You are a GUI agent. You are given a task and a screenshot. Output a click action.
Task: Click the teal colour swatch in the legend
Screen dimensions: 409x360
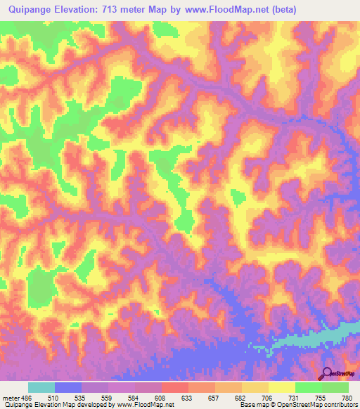click(x=41, y=387)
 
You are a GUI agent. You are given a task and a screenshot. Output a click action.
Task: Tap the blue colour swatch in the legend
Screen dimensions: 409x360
click(x=68, y=387)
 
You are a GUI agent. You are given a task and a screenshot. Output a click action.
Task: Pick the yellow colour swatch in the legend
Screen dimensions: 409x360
click(x=281, y=387)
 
